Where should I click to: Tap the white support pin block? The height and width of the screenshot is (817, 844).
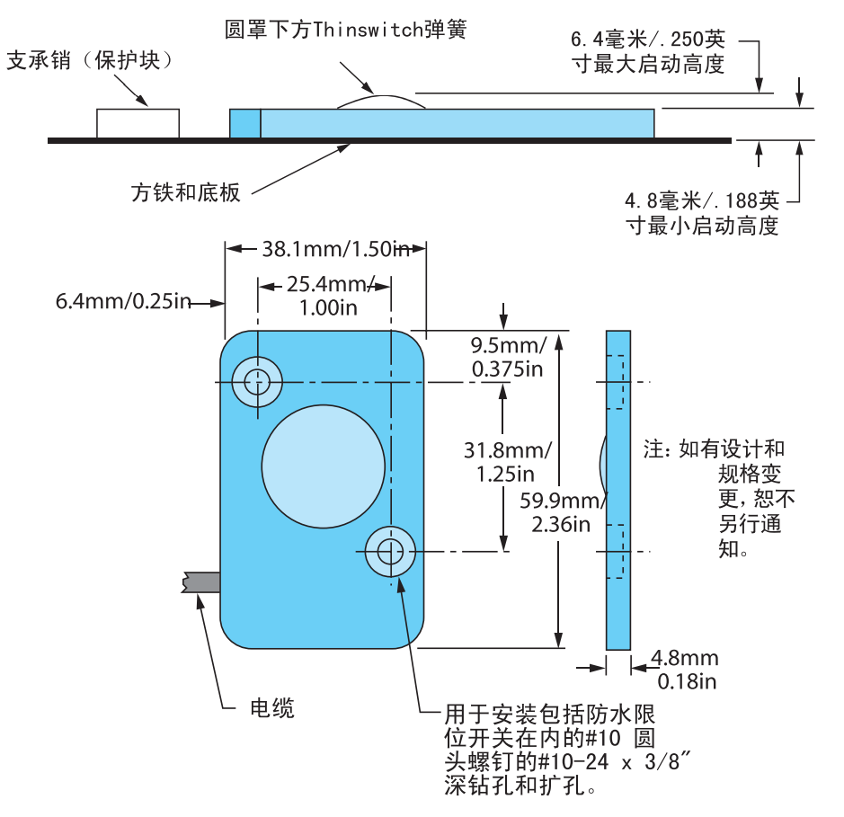pos(138,123)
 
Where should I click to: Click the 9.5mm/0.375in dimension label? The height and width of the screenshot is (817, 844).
pos(508,356)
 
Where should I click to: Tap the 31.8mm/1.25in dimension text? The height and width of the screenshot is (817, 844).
pos(508,460)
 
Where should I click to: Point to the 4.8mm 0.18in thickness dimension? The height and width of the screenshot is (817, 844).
pos(685,670)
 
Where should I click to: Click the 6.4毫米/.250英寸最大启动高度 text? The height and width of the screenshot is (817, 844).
pos(647,52)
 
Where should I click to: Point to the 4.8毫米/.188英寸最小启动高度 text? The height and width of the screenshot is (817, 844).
pos(702,212)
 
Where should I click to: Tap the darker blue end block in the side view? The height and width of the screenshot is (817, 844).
pos(244,123)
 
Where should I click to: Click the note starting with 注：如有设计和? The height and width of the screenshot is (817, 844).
pos(719,498)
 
